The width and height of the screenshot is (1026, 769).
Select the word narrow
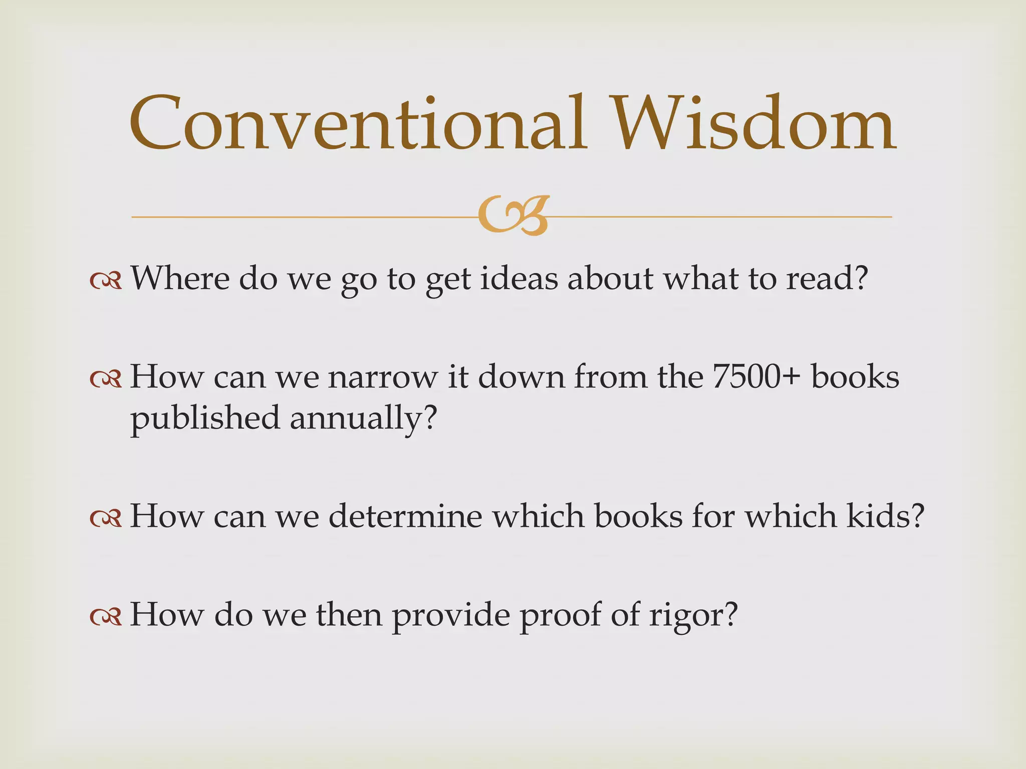383,377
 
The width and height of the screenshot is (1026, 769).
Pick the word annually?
364,419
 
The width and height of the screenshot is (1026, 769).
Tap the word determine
405,516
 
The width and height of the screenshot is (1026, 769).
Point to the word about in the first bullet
610,278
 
